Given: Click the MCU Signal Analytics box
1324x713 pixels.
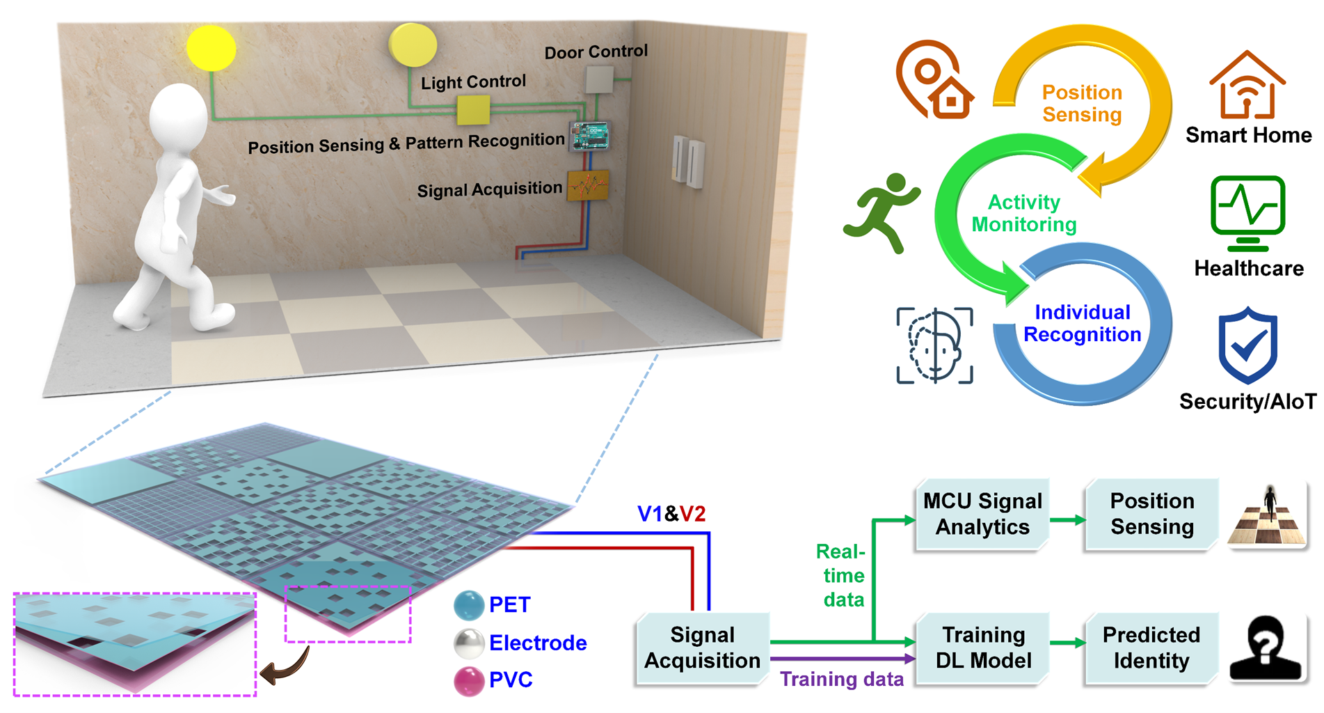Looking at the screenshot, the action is (982, 515).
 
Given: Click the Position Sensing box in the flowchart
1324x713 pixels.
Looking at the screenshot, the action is (1151, 515).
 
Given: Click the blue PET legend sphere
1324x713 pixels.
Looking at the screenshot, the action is (469, 605).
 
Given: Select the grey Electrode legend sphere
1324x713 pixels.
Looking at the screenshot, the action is (469, 643).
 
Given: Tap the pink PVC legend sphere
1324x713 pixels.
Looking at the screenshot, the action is (469, 680).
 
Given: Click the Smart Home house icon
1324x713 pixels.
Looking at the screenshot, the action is (1247, 84).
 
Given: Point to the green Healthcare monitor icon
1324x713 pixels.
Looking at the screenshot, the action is (1247, 213).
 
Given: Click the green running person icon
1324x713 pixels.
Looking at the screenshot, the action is (882, 212).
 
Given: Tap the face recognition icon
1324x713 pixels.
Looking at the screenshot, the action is (934, 345).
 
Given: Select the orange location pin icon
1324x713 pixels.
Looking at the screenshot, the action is (934, 80).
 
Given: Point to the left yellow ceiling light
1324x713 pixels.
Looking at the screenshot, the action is (212, 47).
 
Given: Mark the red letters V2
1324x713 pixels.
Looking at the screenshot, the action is (692, 514).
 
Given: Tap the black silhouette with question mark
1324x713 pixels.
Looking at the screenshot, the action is (1266, 648).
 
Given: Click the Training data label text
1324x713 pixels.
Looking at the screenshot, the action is (842, 679).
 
